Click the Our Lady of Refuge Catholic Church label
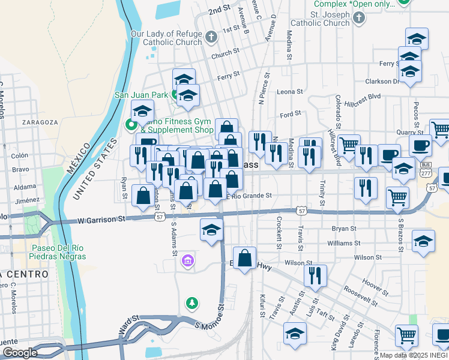tap(166, 38)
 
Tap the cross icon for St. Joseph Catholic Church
tap(359, 18)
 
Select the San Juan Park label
tap(142, 94)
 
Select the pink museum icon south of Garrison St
tap(187, 261)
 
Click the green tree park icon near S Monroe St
tap(191, 303)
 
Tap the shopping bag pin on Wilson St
tap(245, 259)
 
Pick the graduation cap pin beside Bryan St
tap(211, 230)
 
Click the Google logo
tap(19, 353)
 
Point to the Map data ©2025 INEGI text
tap(414, 355)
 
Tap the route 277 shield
tap(426, 173)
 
